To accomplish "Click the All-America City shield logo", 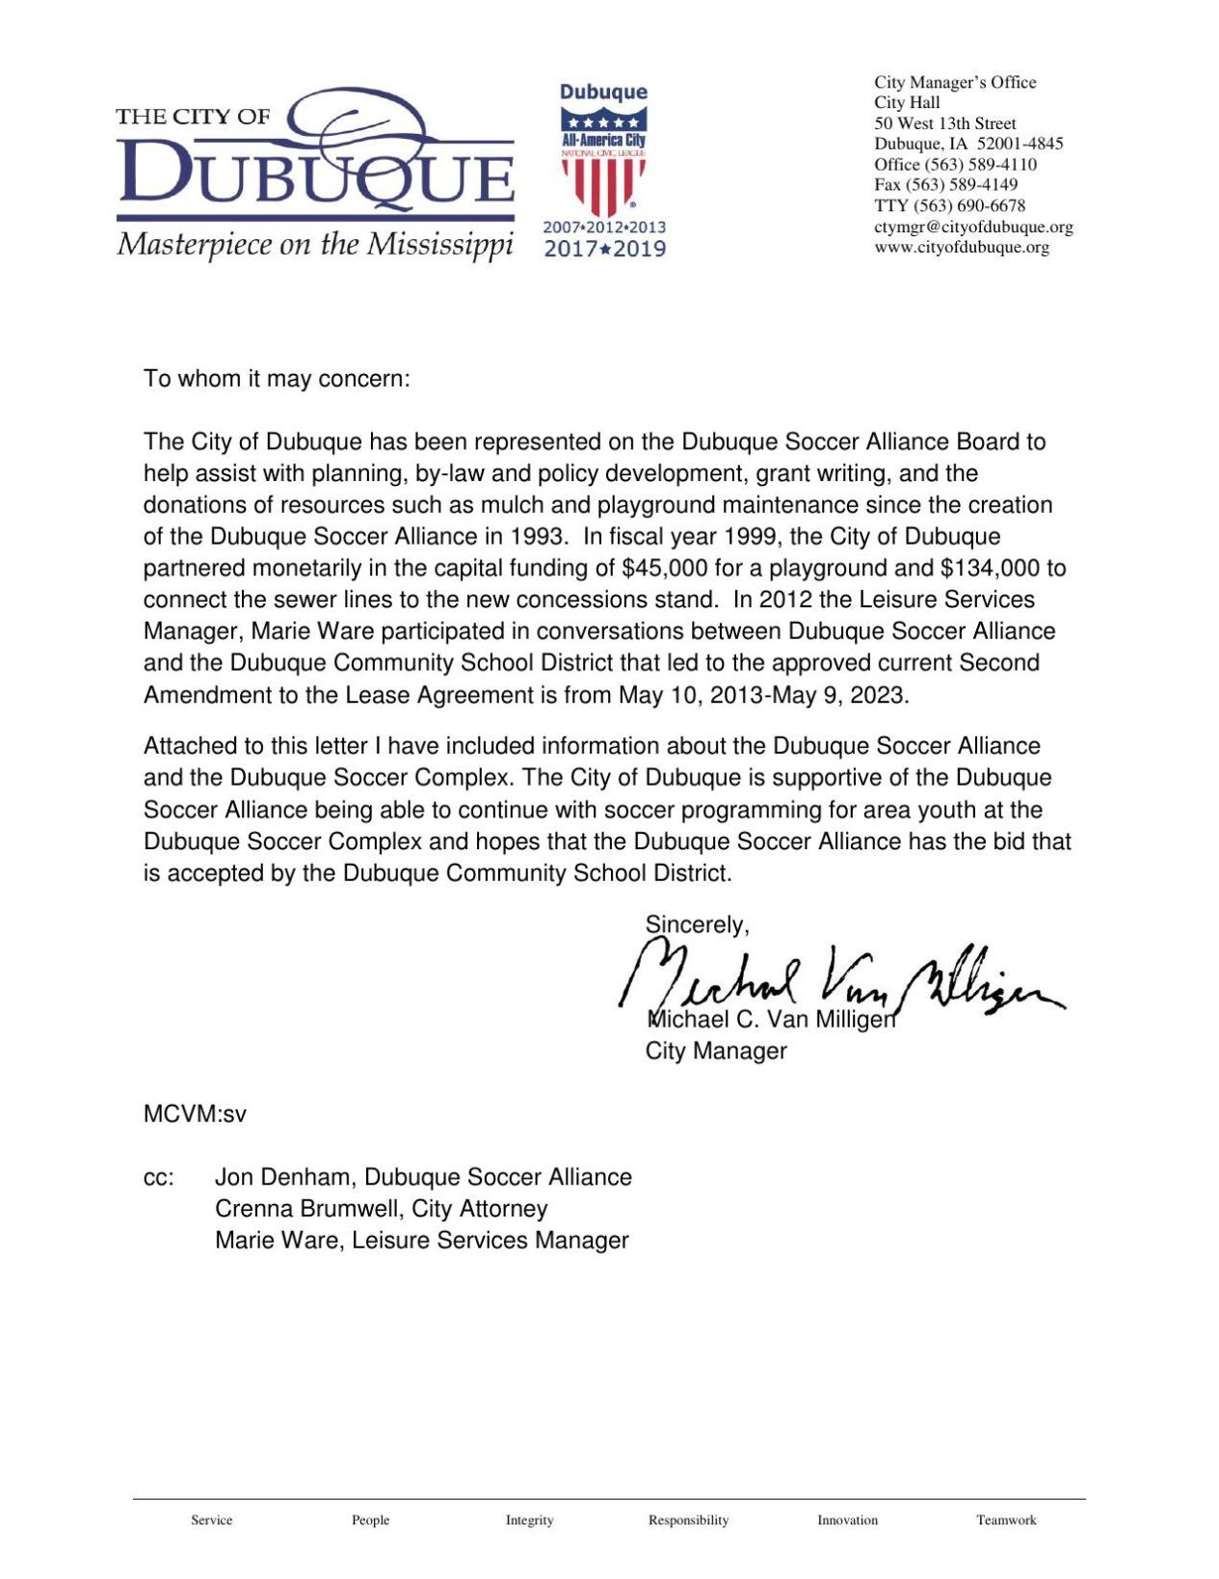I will (x=603, y=164).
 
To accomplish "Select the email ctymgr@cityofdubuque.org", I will (x=973, y=227).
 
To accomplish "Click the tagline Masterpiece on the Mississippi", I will (x=314, y=245).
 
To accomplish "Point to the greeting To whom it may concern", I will (x=277, y=379).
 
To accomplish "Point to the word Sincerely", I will (x=696, y=925).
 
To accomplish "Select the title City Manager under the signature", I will (x=716, y=1051).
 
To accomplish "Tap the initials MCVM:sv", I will (x=195, y=1114).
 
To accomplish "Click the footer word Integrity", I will (x=529, y=1520).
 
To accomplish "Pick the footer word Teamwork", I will (x=1006, y=1520).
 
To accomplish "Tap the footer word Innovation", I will (x=847, y=1520).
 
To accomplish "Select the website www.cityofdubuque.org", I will (x=962, y=248).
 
